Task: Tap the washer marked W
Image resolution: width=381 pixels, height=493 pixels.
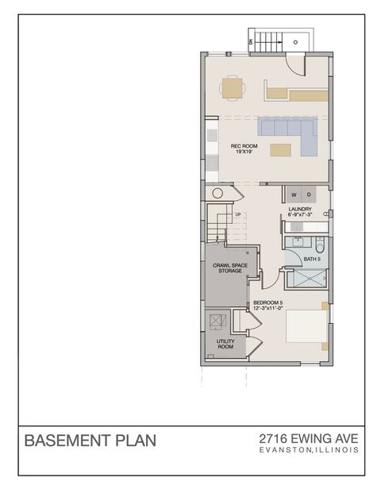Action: tap(294, 195)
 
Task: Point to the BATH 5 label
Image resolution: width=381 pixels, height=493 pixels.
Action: tap(311, 258)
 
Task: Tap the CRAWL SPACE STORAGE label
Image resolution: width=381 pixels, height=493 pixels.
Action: tap(227, 268)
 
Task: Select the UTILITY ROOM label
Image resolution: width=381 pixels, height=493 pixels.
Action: tap(225, 345)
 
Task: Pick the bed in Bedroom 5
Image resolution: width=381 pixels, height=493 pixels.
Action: tap(306, 329)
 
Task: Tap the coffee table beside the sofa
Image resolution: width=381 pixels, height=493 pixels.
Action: tap(279, 149)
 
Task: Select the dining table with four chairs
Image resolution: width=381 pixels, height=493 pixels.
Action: tap(231, 87)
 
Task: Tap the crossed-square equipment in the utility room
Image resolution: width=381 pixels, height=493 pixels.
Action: tap(217, 320)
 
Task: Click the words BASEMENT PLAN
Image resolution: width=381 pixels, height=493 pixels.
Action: tap(90, 440)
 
